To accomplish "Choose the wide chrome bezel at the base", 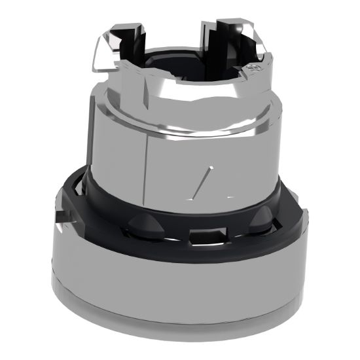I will coord(177,288).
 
